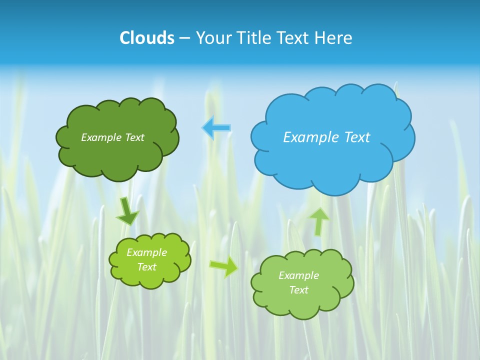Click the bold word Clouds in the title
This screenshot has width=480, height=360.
point(146,38)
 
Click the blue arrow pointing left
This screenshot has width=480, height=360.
point(216,128)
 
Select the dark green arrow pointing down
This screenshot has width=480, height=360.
point(127,211)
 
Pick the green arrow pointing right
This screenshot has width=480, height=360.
point(224,267)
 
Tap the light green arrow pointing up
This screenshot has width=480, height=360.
point(318,221)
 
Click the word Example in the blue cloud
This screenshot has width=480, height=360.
point(307,137)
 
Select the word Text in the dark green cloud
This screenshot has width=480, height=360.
point(134,137)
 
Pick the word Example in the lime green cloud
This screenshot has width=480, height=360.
point(147,252)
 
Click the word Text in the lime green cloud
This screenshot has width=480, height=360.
point(147,267)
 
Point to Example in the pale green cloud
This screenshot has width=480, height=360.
point(298,275)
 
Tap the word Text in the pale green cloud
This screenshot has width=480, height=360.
point(298,290)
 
